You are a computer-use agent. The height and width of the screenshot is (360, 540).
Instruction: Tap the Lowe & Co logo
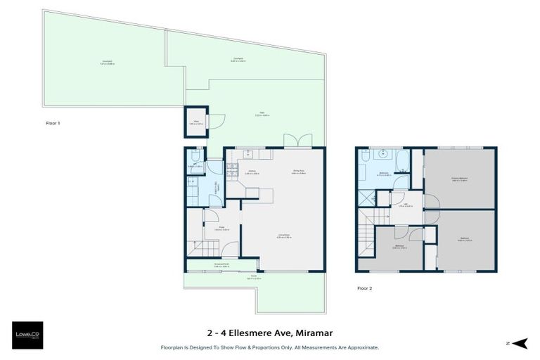pyautogui.click(x=28, y=336)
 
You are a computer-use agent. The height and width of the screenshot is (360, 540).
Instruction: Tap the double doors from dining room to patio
pyautogui.click(x=297, y=141)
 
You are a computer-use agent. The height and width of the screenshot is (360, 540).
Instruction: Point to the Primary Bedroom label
pyautogui.click(x=461, y=179)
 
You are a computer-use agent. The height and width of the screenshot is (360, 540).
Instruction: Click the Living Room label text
pyautogui.click(x=283, y=236)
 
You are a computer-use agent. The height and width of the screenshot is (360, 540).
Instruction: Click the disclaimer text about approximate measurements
pyautogui.click(x=269, y=347)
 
